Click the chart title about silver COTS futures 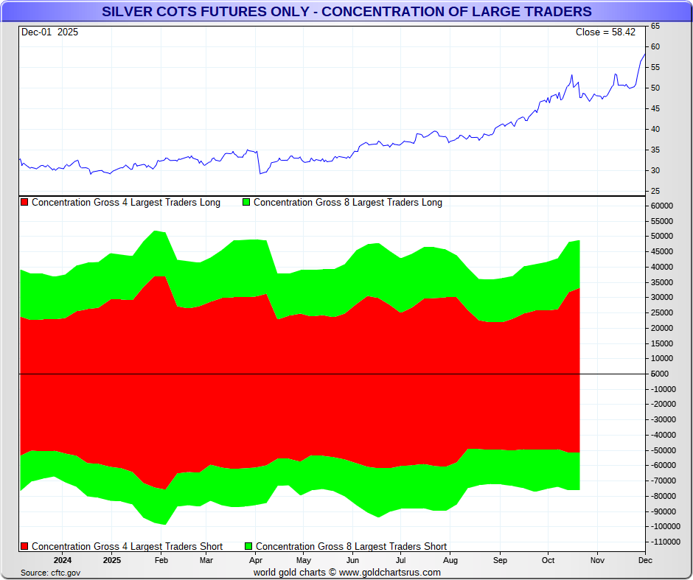pos(346,12)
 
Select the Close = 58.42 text pos(605,32)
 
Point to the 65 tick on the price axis pos(655,27)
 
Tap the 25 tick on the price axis pos(655,192)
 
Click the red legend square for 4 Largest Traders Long pos(24,203)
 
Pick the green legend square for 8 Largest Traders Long pos(246,203)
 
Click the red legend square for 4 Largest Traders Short pos(24,547)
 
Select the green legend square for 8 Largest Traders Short pos(248,547)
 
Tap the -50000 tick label pos(664,450)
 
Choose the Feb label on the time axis pos(161,560)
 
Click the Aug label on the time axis pos(450,560)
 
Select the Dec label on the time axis pos(645,560)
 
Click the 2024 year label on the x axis pos(62,560)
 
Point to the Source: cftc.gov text pos(50,573)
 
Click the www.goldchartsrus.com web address pos(390,573)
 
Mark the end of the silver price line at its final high pos(645,54)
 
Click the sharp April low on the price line pos(260,174)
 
